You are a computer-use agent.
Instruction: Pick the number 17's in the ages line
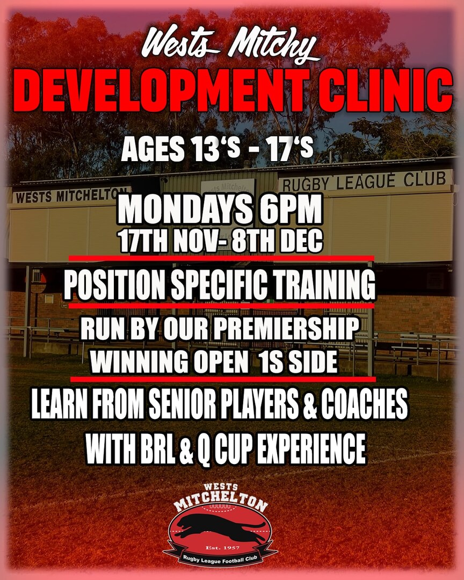coord(291,149)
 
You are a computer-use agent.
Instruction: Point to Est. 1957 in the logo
coord(222,547)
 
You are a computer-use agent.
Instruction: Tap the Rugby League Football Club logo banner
coord(221,559)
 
